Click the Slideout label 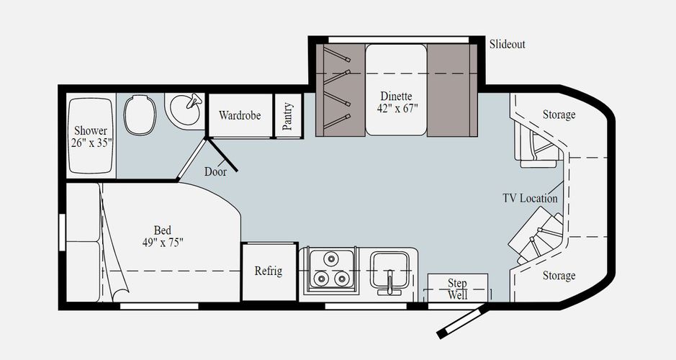tap(508, 45)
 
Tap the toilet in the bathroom tap(140, 114)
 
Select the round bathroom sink tap(185, 109)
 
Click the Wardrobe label tap(240, 115)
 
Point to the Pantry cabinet tap(288, 116)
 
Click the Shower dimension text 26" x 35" tap(91, 143)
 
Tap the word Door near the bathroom tap(215, 171)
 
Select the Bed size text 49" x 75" tap(163, 243)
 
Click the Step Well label tap(457, 289)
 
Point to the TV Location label tap(530, 198)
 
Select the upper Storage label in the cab tap(559, 114)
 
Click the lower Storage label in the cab tap(559, 276)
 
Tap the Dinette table tap(396, 90)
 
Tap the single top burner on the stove tap(331, 258)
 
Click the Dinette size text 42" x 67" tap(397, 108)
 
